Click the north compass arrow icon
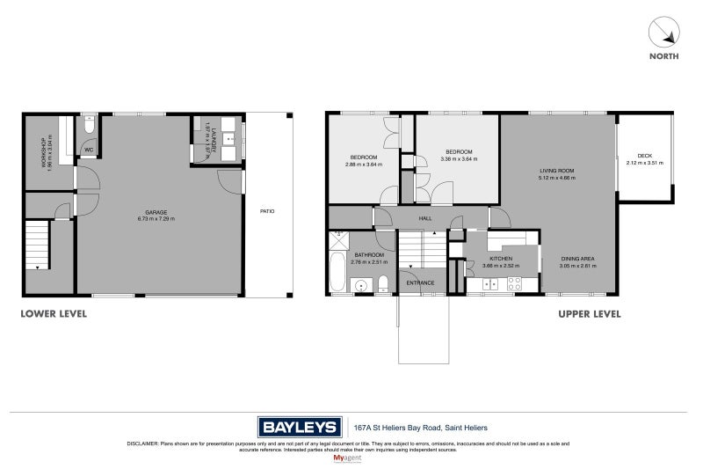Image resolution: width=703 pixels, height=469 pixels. pyautogui.click(x=665, y=33)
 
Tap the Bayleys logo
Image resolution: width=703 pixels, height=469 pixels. pyautogui.click(x=300, y=428)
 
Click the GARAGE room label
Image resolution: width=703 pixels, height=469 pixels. pyautogui.click(x=156, y=212)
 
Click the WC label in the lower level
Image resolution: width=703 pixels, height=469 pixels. pyautogui.click(x=89, y=150)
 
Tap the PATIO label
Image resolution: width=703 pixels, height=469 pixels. pyautogui.click(x=266, y=211)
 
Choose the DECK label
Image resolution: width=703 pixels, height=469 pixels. pyautogui.click(x=644, y=156)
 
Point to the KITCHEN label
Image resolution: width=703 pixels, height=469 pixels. pyautogui.click(x=489, y=258)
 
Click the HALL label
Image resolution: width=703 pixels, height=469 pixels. pyautogui.click(x=424, y=217)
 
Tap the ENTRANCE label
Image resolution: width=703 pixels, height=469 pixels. pyautogui.click(x=420, y=282)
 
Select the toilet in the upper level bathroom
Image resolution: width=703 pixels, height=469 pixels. pyautogui.click(x=383, y=283)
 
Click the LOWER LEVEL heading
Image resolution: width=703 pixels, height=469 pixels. pyautogui.click(x=54, y=313)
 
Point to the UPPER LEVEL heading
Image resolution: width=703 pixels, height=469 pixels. pyautogui.click(x=590, y=313)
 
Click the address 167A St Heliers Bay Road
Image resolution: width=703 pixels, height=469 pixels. pyautogui.click(x=420, y=428)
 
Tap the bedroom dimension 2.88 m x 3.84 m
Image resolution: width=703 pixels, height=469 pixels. pyautogui.click(x=364, y=165)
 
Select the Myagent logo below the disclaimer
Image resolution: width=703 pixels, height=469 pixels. pyautogui.click(x=351, y=458)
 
